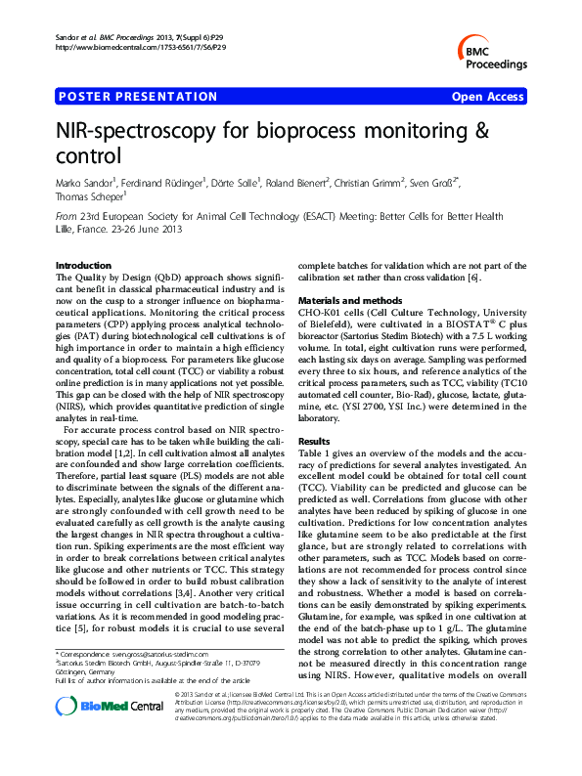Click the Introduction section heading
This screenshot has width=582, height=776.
(84, 266)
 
